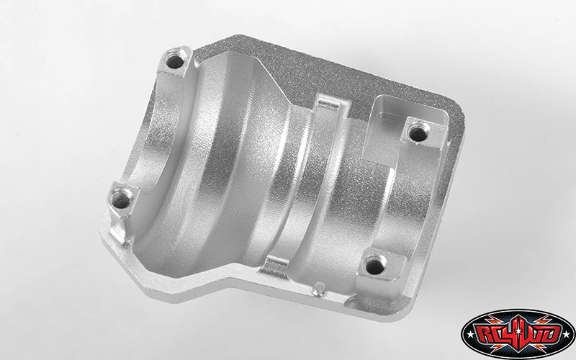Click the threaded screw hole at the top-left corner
pyautogui.click(x=175, y=62)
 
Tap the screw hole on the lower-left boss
pyautogui.click(x=122, y=200)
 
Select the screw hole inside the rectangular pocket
pyautogui.click(x=418, y=133)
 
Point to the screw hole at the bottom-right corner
pyautogui.click(x=375, y=265)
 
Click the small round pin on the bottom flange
pyautogui.click(x=318, y=289)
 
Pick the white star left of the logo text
pyautogui.click(x=469, y=335)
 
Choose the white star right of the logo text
pyautogui.click(x=567, y=335)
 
